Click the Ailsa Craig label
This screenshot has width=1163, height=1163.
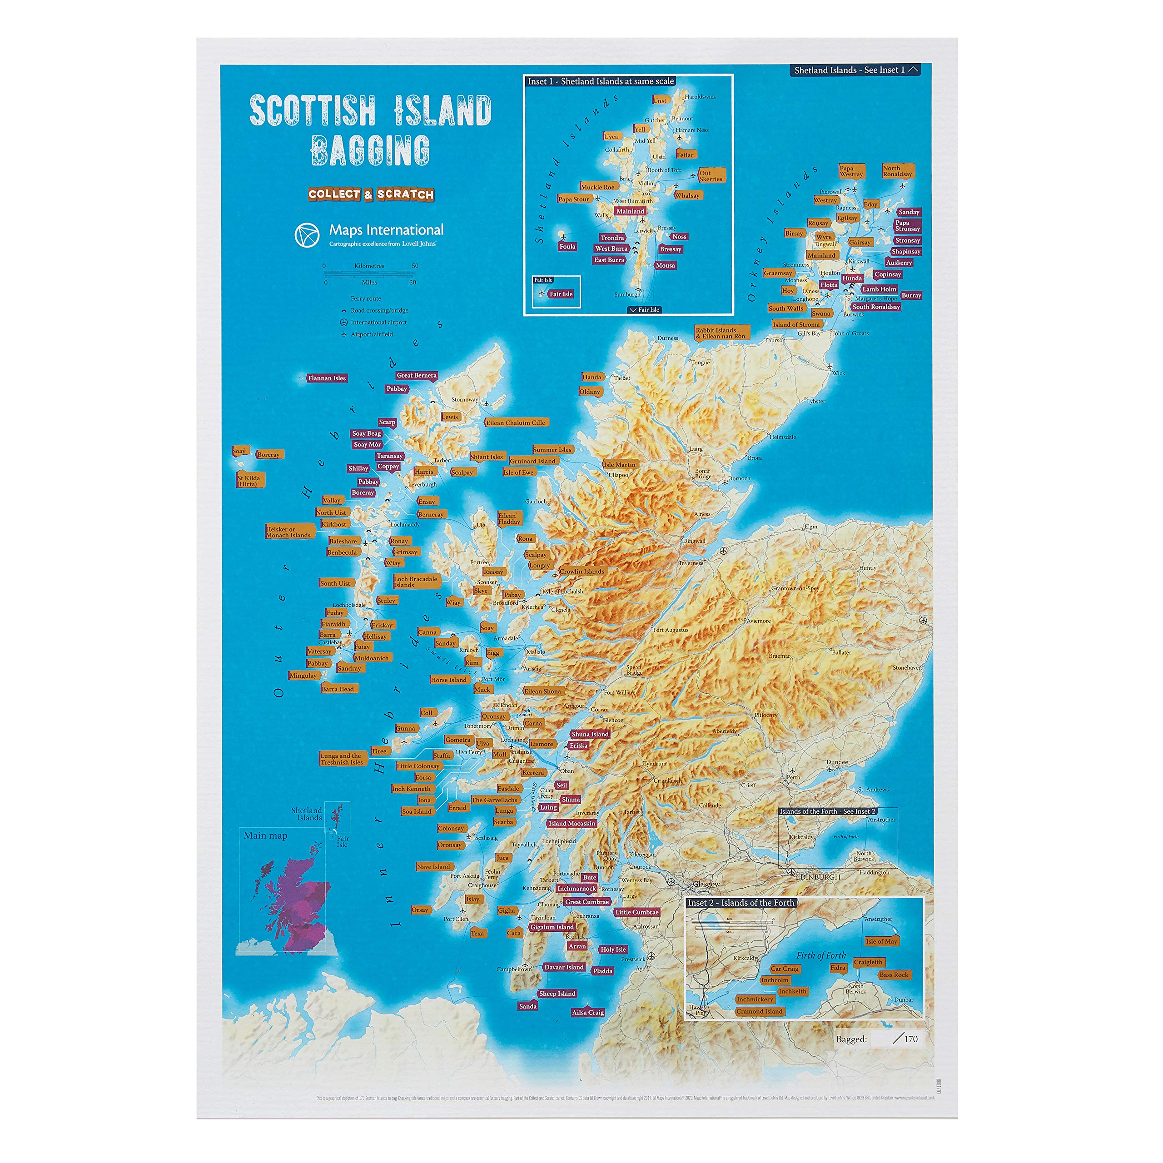[x=587, y=1012]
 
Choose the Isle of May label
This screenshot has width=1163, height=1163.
[x=881, y=941]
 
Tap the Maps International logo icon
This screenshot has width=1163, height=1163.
[x=307, y=235]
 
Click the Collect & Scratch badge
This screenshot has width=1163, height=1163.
[x=371, y=194]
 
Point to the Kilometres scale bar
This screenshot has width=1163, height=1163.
[x=370, y=272]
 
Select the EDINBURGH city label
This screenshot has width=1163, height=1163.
[x=818, y=877]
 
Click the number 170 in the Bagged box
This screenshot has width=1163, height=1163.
[x=911, y=1039]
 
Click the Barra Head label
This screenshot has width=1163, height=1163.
[x=338, y=689]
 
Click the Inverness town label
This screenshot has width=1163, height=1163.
[x=691, y=563]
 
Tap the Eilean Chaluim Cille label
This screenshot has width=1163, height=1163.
[x=516, y=422]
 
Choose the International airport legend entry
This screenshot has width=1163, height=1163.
[x=378, y=322]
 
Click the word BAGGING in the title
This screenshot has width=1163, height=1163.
[x=370, y=150]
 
